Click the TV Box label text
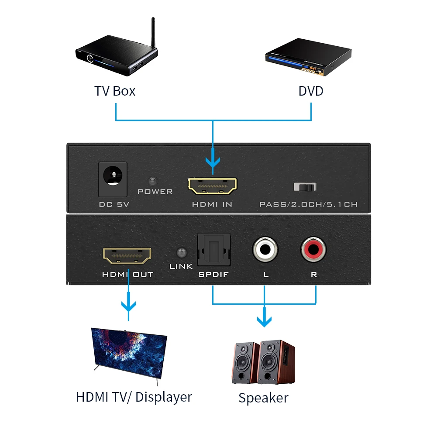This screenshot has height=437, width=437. [x=115, y=91]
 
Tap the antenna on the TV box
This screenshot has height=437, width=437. [x=154, y=33]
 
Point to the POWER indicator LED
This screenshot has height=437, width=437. [x=152, y=180]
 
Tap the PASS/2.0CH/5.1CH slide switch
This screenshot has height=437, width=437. [x=305, y=187]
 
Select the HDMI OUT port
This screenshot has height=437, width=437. [x=127, y=255]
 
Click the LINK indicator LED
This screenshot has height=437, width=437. [x=180, y=253]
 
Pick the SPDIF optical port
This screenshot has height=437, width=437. [x=214, y=250]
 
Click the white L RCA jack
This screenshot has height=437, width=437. [x=265, y=250]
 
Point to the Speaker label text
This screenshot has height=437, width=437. [x=263, y=398]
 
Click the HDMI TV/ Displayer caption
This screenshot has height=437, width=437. [x=134, y=397]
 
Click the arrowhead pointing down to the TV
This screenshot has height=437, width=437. [x=128, y=305]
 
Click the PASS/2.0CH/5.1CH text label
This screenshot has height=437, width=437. [x=308, y=204]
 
